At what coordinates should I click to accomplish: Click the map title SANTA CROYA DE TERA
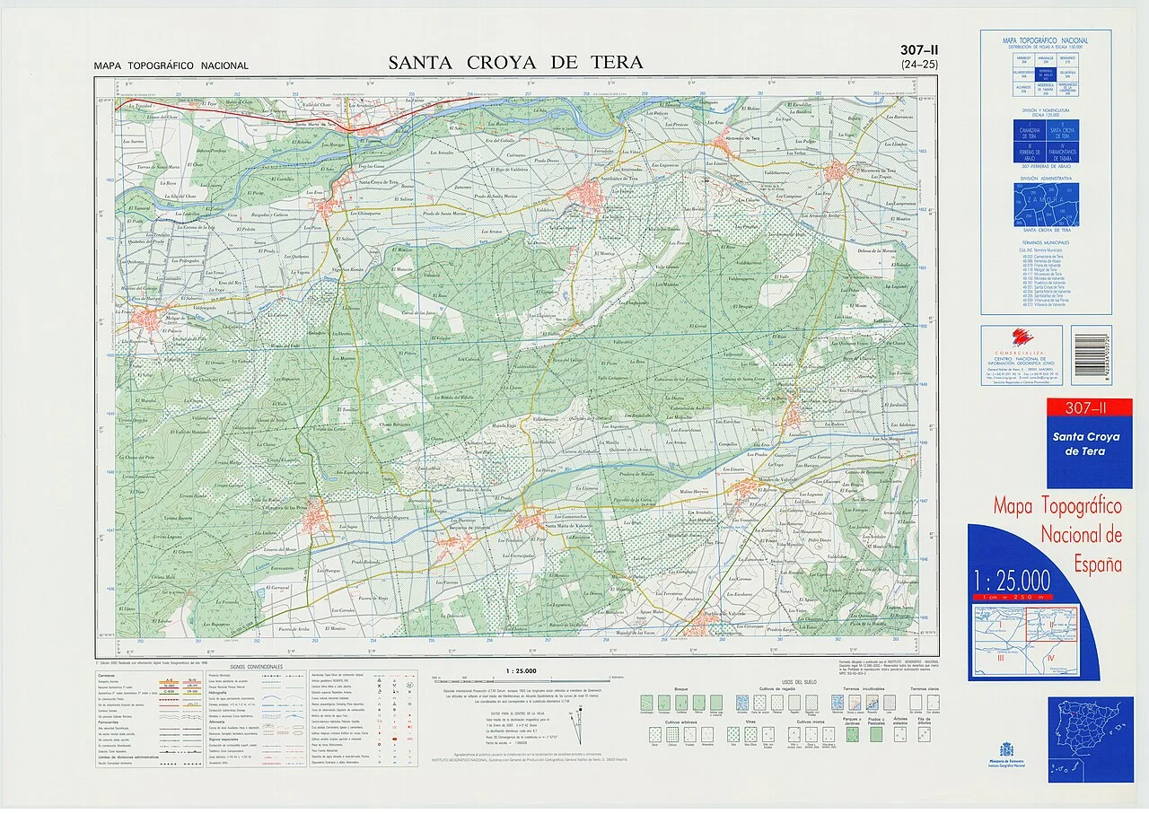(x=515, y=62)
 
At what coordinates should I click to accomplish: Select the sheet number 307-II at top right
(x=912, y=51)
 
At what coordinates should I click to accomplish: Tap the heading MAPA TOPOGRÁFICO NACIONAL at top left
(x=171, y=66)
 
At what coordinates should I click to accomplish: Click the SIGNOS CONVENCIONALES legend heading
(x=256, y=668)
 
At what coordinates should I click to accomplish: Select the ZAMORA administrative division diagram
(x=1046, y=205)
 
